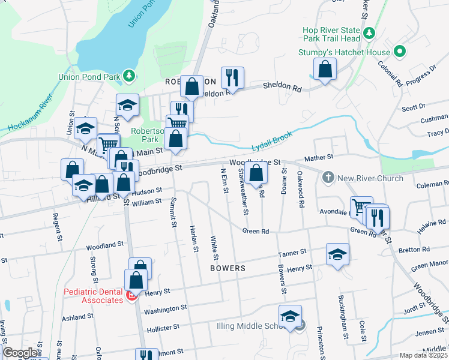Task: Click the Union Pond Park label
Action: pyautogui.click(x=89, y=76)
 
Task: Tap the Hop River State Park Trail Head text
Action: pyautogui.click(x=332, y=35)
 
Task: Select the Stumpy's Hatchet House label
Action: pyautogui.click(x=344, y=52)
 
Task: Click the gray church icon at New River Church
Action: pyautogui.click(x=328, y=178)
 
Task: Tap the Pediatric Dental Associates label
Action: pyautogui.click(x=94, y=296)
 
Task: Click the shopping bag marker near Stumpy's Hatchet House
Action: pyautogui.click(x=325, y=69)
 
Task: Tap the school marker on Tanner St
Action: pyautogui.click(x=338, y=254)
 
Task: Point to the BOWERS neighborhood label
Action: pyautogui.click(x=228, y=268)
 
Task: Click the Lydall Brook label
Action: pyautogui.click(x=272, y=142)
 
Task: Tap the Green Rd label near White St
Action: pyautogui.click(x=255, y=230)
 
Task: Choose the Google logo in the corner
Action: pyautogui.click(x=20, y=353)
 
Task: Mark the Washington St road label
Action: pyautogui.click(x=165, y=309)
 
